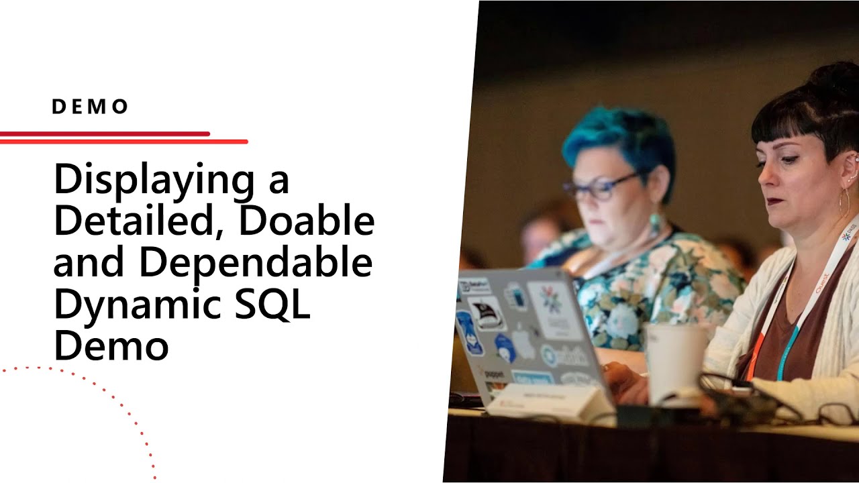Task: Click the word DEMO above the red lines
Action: tap(90, 107)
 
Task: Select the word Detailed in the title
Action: tap(138, 221)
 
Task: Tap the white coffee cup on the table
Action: tap(674, 362)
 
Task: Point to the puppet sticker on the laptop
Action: tap(494, 372)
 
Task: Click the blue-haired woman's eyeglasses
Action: tap(599, 187)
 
